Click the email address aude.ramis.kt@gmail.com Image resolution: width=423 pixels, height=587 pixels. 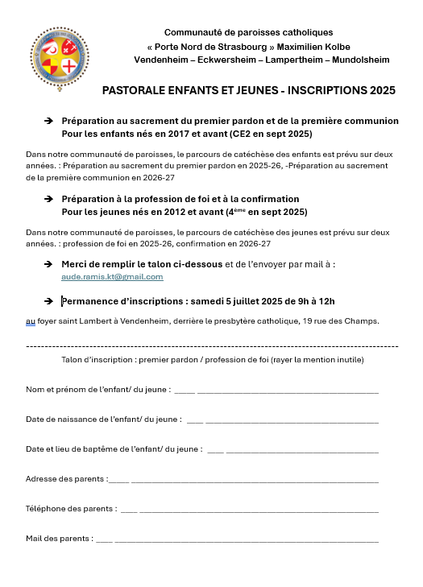[x=112, y=276]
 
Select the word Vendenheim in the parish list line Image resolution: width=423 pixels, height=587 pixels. [x=161, y=60]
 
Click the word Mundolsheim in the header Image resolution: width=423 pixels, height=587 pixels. [x=359, y=60]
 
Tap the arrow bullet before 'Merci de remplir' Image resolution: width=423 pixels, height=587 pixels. [x=48, y=263]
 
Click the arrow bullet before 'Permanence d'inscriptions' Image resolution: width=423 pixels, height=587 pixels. [x=48, y=301]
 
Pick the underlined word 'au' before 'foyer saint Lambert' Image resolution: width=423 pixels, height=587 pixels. [x=31, y=321]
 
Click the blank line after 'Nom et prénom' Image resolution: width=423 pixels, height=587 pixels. [x=282, y=391]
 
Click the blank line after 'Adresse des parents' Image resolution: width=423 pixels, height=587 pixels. [x=250, y=480]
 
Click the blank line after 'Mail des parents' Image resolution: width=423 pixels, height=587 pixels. [x=242, y=539]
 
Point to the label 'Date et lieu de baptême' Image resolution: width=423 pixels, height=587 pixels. [x=74, y=449]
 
